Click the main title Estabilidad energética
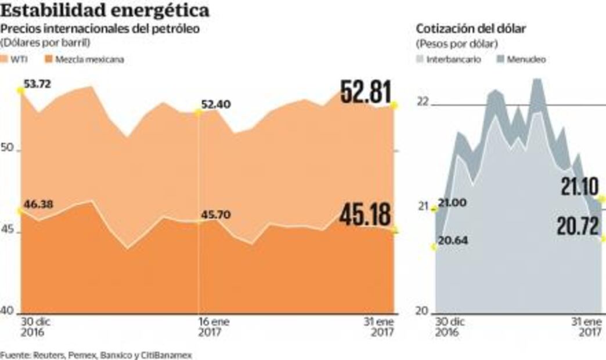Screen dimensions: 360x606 point(105,10)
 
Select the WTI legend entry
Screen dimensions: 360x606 point(21,59)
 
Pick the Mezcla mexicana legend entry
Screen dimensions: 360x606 point(85,59)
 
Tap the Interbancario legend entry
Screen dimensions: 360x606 point(450,59)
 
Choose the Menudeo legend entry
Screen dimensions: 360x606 point(523,59)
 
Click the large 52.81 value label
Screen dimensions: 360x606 point(365,93)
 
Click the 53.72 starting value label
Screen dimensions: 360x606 point(38,84)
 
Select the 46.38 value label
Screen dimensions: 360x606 point(38,203)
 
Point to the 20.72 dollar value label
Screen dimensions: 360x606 point(578,226)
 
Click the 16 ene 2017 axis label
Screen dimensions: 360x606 point(211,327)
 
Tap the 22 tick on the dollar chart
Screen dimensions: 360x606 point(421,102)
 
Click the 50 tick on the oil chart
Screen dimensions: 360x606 point(7,149)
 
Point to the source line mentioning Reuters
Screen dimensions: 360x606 point(96,354)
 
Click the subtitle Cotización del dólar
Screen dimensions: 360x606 point(471,29)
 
